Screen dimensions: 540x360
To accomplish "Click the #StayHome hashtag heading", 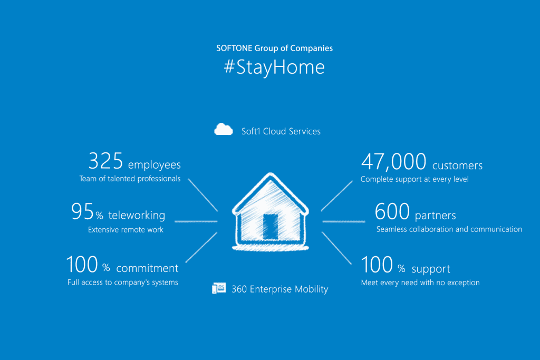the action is pyautogui.click(x=274, y=67).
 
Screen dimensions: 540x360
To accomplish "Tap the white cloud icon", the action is pyautogui.click(x=224, y=130).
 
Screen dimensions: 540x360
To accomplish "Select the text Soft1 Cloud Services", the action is pyautogui.click(x=281, y=131).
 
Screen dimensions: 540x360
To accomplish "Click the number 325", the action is pyautogui.click(x=105, y=161).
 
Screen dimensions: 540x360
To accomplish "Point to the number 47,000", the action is pyautogui.click(x=393, y=162).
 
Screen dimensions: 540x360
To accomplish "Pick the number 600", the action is pyautogui.click(x=392, y=211).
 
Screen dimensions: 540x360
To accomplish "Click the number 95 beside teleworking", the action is pyautogui.click(x=82, y=211).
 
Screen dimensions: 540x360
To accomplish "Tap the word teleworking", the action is pyautogui.click(x=137, y=215).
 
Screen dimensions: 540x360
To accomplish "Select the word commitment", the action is pyautogui.click(x=148, y=268).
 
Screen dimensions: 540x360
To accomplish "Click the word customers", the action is pyautogui.click(x=457, y=166).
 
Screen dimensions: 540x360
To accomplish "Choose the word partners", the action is pyautogui.click(x=435, y=216).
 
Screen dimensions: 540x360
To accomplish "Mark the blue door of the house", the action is pyautogui.click(x=271, y=227).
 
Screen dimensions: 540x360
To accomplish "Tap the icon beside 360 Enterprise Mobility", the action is pyautogui.click(x=219, y=288).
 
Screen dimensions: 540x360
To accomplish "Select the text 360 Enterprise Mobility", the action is pyautogui.click(x=279, y=289).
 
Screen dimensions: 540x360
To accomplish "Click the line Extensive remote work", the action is pyautogui.click(x=126, y=230).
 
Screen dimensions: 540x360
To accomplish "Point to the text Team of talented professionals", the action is pyautogui.click(x=130, y=179).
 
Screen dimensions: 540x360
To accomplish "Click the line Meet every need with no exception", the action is pyautogui.click(x=420, y=283).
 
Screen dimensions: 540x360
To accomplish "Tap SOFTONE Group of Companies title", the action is pyautogui.click(x=274, y=48).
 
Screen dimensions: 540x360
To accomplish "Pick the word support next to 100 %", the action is pyautogui.click(x=431, y=269).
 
